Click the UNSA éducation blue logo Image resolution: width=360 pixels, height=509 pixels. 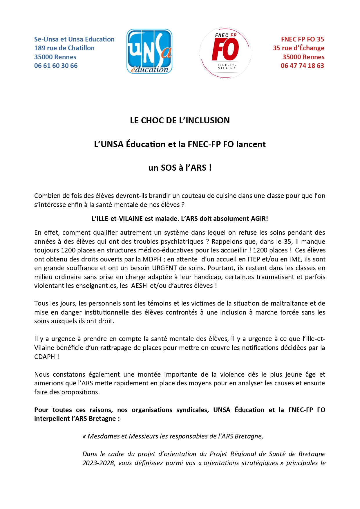click(149, 51)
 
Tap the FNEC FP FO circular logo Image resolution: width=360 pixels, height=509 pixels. click(225, 53)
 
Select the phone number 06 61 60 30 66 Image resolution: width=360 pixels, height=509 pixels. click(56, 66)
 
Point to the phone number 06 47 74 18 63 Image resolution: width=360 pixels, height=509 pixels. click(302, 66)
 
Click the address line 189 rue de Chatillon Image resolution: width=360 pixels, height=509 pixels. click(64, 48)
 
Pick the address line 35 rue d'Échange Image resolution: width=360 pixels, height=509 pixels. click(299, 48)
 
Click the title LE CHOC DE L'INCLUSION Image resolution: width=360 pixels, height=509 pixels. click(180, 120)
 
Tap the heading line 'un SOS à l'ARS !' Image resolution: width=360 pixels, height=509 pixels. click(180, 168)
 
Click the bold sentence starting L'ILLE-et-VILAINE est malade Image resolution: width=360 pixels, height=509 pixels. click(180, 219)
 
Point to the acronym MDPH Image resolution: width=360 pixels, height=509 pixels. click(152, 259)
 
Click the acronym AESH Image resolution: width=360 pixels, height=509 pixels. click(139, 286)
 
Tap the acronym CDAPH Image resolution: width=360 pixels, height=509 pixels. click(44, 357)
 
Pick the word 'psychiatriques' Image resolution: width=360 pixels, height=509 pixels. click(182, 242)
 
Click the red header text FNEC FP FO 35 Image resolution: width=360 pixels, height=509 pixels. click(302, 39)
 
